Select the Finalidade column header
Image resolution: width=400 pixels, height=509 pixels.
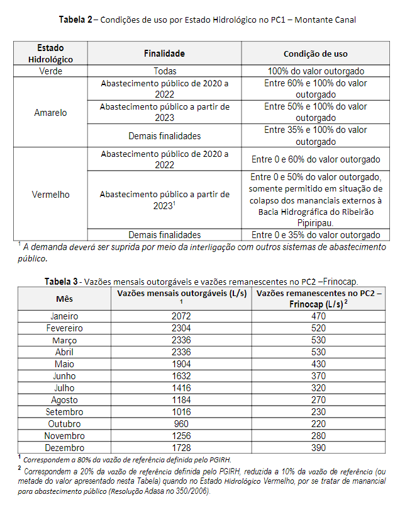[x=164, y=54]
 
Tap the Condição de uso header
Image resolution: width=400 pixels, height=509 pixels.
[x=315, y=54]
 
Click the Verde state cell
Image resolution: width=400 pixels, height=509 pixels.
[x=51, y=72]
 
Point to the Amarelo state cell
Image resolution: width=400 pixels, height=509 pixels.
[x=51, y=113]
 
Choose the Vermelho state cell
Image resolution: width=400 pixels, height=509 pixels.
[x=51, y=195]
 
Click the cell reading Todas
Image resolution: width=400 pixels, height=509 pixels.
[x=164, y=72]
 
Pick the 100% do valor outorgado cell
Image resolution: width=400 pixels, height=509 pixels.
[x=315, y=72]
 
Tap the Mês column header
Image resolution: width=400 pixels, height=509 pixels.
[x=64, y=298]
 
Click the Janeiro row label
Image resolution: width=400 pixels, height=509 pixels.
[x=64, y=316]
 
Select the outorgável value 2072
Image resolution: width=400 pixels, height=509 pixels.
[x=181, y=316]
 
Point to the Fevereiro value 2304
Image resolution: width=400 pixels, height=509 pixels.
[x=181, y=328]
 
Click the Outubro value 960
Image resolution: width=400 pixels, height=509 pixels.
[x=181, y=424]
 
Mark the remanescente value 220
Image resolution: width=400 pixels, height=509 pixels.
[x=318, y=424]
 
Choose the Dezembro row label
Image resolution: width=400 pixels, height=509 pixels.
[x=64, y=448]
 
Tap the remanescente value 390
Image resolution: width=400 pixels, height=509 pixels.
[x=318, y=448]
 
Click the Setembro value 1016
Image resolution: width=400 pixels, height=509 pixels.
[x=181, y=412]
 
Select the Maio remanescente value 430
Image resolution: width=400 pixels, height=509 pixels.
[x=318, y=364]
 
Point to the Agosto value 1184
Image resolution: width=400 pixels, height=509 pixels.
[x=181, y=400]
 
